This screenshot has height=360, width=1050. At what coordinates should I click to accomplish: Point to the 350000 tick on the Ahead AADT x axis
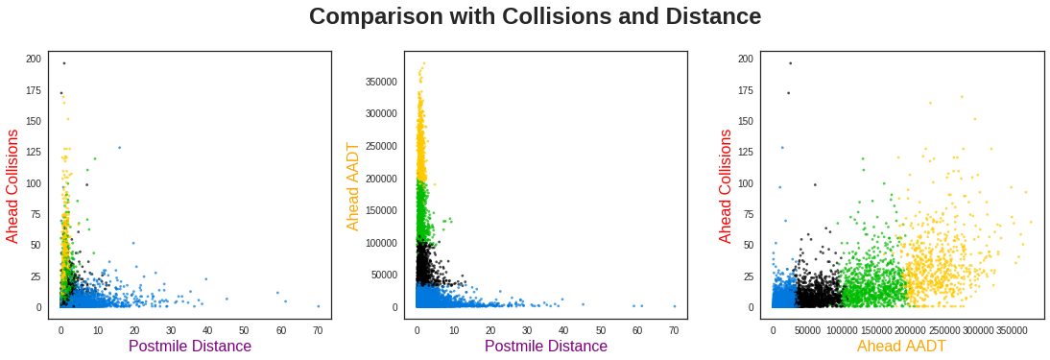click(1012, 330)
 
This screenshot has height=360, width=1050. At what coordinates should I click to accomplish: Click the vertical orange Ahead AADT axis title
click(353, 185)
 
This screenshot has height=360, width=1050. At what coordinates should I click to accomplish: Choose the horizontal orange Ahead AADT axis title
click(901, 347)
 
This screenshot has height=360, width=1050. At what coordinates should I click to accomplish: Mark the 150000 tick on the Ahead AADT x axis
click(875, 330)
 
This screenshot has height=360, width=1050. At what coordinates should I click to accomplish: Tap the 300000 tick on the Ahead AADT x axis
click(978, 330)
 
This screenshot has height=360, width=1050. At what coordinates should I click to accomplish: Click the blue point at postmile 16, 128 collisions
click(119, 148)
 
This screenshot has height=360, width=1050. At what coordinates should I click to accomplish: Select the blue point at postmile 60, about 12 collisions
click(278, 293)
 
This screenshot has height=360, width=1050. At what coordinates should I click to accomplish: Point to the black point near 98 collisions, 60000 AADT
click(815, 184)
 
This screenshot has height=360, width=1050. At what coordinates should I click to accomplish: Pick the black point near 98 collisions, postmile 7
click(86, 184)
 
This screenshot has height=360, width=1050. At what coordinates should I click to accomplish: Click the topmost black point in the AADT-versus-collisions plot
click(790, 63)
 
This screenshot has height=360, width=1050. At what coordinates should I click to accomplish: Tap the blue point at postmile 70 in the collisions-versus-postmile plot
click(319, 306)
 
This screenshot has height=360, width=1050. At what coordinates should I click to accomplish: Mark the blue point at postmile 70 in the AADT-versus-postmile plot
click(675, 306)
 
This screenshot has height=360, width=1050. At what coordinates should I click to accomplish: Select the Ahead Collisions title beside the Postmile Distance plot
click(13, 185)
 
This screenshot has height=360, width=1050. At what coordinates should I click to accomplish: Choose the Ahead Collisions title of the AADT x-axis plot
click(726, 185)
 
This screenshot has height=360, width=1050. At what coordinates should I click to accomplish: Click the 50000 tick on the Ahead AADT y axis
click(380, 276)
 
